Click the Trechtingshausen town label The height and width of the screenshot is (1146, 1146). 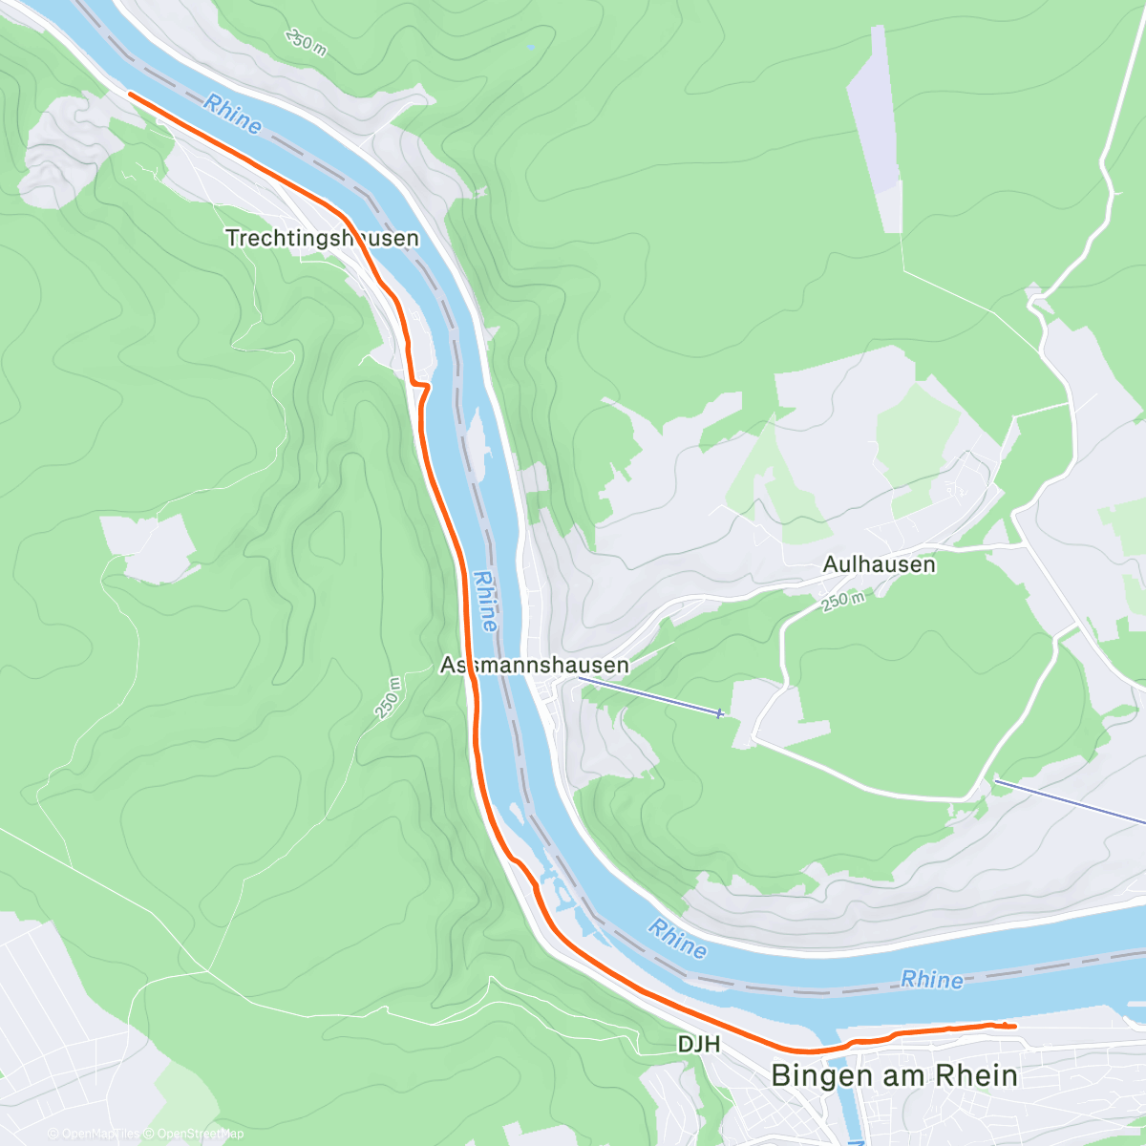[322, 238]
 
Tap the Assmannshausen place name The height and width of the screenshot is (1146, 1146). [535, 665]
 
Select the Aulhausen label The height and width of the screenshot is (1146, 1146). [879, 564]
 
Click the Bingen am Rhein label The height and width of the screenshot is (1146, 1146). [894, 1075]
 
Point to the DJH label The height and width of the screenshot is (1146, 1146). [698, 1045]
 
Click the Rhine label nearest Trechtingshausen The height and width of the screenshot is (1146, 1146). [232, 115]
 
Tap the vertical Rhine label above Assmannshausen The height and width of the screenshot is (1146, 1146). [485, 602]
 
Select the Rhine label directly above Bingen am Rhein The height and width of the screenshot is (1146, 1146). [932, 979]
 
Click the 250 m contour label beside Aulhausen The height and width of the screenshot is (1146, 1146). [842, 602]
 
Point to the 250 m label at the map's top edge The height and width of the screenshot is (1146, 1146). [306, 41]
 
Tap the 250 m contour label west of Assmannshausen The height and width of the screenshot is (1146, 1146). [389, 697]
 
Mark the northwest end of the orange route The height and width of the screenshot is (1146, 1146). [129, 94]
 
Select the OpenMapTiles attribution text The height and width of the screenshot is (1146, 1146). [94, 1134]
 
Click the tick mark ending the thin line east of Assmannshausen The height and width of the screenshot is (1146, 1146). [720, 712]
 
